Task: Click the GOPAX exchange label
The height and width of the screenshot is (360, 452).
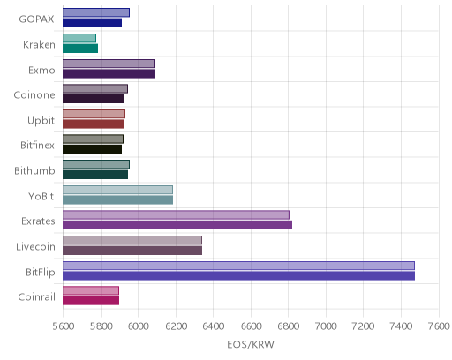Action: click(36, 19)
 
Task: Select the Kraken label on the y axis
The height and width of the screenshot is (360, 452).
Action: click(39, 45)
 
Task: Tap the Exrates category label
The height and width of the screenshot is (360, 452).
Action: click(38, 221)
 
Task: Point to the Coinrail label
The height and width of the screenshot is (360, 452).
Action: click(37, 296)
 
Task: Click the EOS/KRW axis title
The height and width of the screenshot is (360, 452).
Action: click(251, 344)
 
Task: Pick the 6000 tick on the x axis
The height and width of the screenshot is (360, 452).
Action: click(138, 326)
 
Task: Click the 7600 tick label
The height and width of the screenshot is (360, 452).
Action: click(439, 326)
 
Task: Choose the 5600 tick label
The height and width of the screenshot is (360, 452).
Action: click(64, 326)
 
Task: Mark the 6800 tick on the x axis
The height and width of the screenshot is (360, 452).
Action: click(289, 326)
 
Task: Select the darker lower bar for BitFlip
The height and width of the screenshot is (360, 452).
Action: click(238, 276)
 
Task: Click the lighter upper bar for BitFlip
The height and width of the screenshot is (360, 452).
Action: click(238, 266)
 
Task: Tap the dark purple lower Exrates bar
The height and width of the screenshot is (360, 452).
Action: click(177, 225)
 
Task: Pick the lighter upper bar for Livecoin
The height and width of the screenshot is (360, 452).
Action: click(132, 240)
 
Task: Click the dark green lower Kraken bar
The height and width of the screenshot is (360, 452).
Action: click(80, 49)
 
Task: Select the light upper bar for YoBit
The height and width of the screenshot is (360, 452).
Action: click(117, 190)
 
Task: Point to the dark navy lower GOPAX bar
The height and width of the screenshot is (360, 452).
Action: click(92, 23)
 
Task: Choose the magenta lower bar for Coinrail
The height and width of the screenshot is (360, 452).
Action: click(91, 301)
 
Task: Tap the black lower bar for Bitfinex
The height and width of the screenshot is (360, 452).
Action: click(92, 149)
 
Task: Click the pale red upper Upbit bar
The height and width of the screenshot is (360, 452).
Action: click(94, 114)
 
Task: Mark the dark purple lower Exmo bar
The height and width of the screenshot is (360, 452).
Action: click(109, 74)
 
